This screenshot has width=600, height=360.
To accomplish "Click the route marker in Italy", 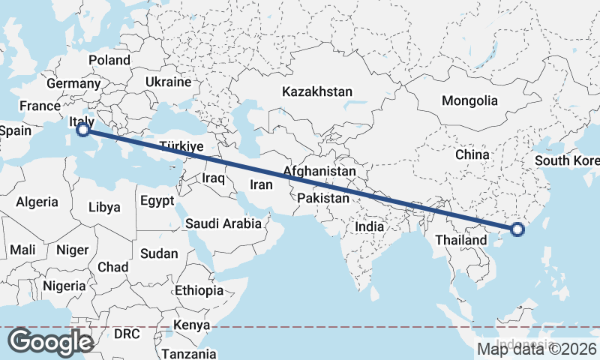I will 83,130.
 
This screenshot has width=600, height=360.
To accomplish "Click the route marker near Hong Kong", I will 517,229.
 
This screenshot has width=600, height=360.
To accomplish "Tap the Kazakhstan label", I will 316,91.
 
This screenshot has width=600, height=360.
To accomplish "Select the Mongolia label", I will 469,100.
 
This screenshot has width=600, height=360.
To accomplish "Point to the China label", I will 472,154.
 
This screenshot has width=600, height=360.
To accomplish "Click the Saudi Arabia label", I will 223,223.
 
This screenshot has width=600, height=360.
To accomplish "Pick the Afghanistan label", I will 319,171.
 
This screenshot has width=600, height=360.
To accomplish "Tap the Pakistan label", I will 323,198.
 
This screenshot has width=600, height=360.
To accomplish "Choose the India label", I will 369,226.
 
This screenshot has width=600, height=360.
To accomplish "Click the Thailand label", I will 454,241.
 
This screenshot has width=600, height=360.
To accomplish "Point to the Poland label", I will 109,60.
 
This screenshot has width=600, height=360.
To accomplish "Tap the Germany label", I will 73,83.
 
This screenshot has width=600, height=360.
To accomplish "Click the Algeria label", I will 37,202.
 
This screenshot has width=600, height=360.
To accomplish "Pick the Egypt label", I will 157,200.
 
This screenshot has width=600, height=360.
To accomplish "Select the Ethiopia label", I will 199,290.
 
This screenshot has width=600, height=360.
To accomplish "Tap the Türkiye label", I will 182,147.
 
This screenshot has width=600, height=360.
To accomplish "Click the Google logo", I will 50,342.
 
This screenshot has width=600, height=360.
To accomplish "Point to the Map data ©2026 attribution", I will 537,349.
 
